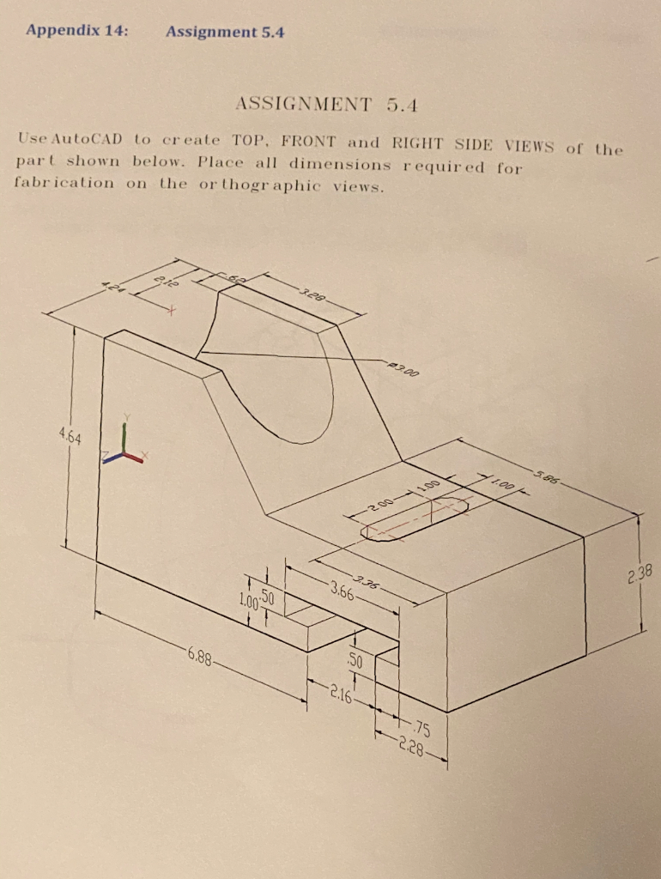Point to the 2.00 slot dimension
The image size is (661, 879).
385,503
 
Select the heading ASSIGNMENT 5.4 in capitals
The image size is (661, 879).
325,105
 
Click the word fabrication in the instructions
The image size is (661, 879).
64,183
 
